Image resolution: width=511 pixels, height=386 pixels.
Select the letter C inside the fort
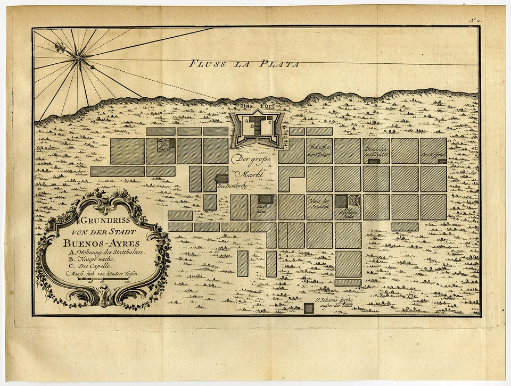[270, 122]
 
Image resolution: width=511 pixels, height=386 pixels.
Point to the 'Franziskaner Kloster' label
[319, 150]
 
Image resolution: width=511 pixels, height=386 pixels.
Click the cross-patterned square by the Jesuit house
[354, 200]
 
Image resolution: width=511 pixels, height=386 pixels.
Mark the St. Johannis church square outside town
[309, 308]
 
